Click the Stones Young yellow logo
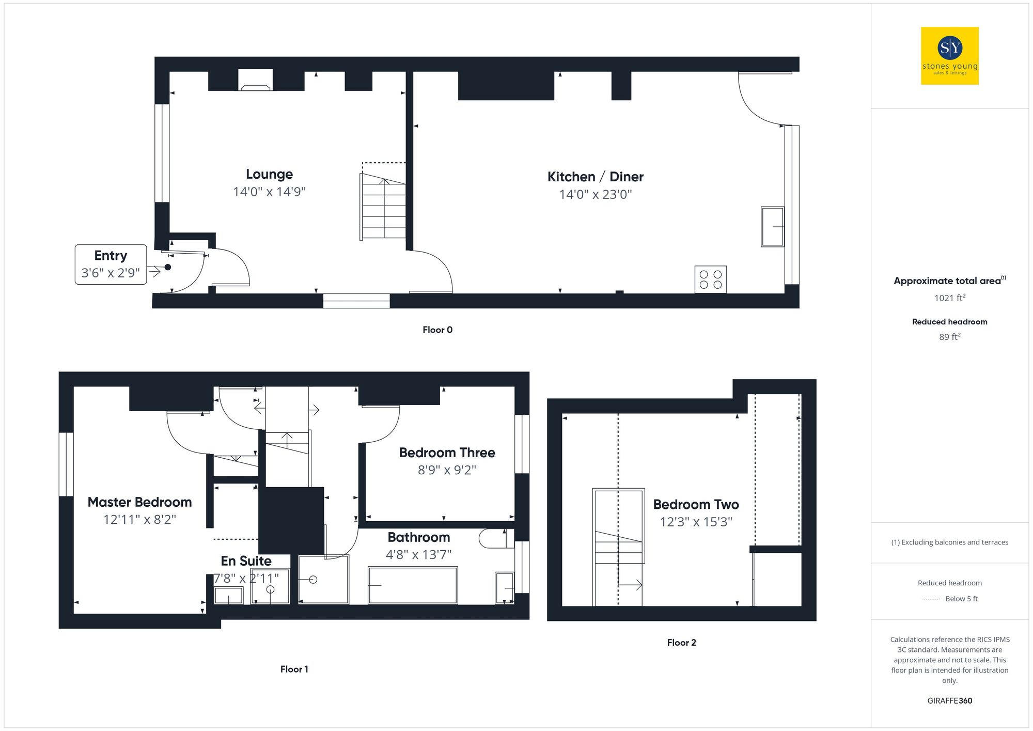[x=949, y=56]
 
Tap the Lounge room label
[x=269, y=174]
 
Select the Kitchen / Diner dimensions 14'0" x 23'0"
[x=595, y=194]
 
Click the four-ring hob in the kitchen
[x=710, y=279]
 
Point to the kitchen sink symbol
[x=772, y=227]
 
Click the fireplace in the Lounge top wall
[x=255, y=81]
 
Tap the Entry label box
[x=111, y=264]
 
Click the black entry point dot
[x=167, y=267]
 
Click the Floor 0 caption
[x=437, y=330]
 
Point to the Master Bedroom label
[x=139, y=502]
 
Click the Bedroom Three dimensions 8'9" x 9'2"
[x=447, y=470]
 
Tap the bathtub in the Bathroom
[x=412, y=585]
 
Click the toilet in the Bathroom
[x=495, y=539]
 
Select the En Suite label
[x=246, y=561]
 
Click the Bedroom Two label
[x=695, y=504]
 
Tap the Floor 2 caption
[x=681, y=642]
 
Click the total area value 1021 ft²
[x=949, y=298]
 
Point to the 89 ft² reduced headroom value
[x=949, y=337]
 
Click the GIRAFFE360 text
[x=949, y=701]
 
